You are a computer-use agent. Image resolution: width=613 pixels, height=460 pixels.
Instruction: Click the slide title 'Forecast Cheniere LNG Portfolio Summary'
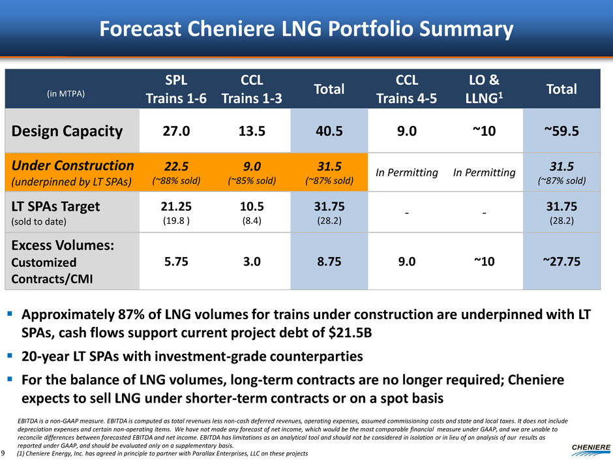click(x=306, y=29)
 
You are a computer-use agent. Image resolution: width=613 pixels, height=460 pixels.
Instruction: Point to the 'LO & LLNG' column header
click(x=485, y=88)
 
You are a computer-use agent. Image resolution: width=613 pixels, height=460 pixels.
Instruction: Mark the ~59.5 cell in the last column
click(x=561, y=131)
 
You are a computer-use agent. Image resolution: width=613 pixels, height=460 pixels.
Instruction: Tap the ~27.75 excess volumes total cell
click(x=561, y=261)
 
